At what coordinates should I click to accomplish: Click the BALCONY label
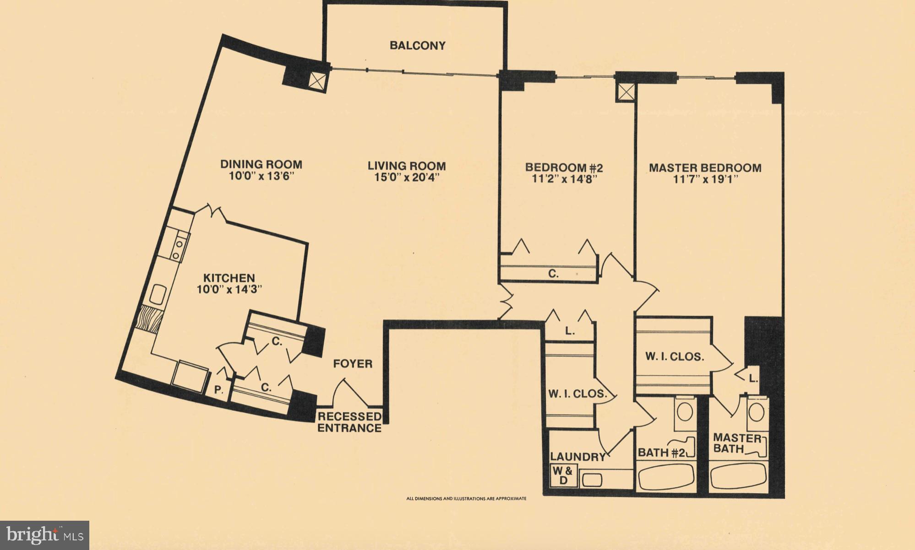click(x=417, y=46)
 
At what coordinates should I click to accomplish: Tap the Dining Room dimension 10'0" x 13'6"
click(x=261, y=177)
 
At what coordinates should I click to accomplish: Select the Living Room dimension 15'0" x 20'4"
click(x=407, y=178)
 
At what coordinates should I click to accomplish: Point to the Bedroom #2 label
click(x=564, y=167)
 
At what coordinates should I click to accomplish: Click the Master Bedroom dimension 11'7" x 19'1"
click(x=705, y=179)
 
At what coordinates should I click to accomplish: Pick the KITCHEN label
click(x=229, y=278)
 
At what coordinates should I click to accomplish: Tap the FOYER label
click(x=353, y=364)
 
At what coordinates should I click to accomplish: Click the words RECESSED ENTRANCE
click(x=349, y=422)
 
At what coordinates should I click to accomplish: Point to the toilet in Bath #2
click(x=685, y=412)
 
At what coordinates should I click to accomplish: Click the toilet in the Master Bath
click(x=757, y=412)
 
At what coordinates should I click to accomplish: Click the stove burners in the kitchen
click(x=177, y=250)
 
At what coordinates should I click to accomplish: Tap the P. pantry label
click(x=219, y=390)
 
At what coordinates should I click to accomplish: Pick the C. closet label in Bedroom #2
click(x=553, y=274)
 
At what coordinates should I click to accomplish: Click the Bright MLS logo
click(x=44, y=535)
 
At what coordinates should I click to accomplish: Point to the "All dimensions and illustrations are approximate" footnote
click(x=466, y=499)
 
